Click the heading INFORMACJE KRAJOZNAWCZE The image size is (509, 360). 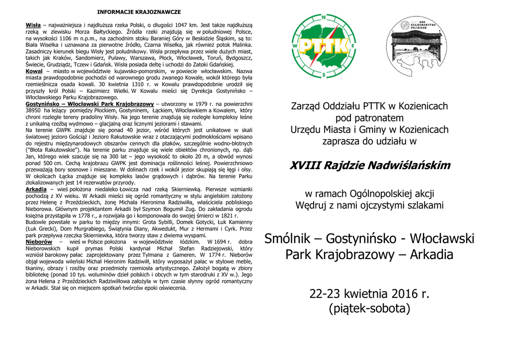139,11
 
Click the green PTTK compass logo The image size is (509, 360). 324,46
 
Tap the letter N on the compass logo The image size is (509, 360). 324,17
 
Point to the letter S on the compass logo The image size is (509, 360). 324,75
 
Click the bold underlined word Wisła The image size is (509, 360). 33,25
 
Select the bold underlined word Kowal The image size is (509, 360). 34,71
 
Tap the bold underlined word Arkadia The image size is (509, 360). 36,189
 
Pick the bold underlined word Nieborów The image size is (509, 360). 39,242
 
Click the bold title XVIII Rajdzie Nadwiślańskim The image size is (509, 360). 369,166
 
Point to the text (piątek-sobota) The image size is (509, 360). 369,309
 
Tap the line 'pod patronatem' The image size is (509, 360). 369,118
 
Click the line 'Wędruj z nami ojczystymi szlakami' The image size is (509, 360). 369,205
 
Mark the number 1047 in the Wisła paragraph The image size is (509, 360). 184,25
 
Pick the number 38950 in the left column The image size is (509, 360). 35,110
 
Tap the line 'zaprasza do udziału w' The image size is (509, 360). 369,141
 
